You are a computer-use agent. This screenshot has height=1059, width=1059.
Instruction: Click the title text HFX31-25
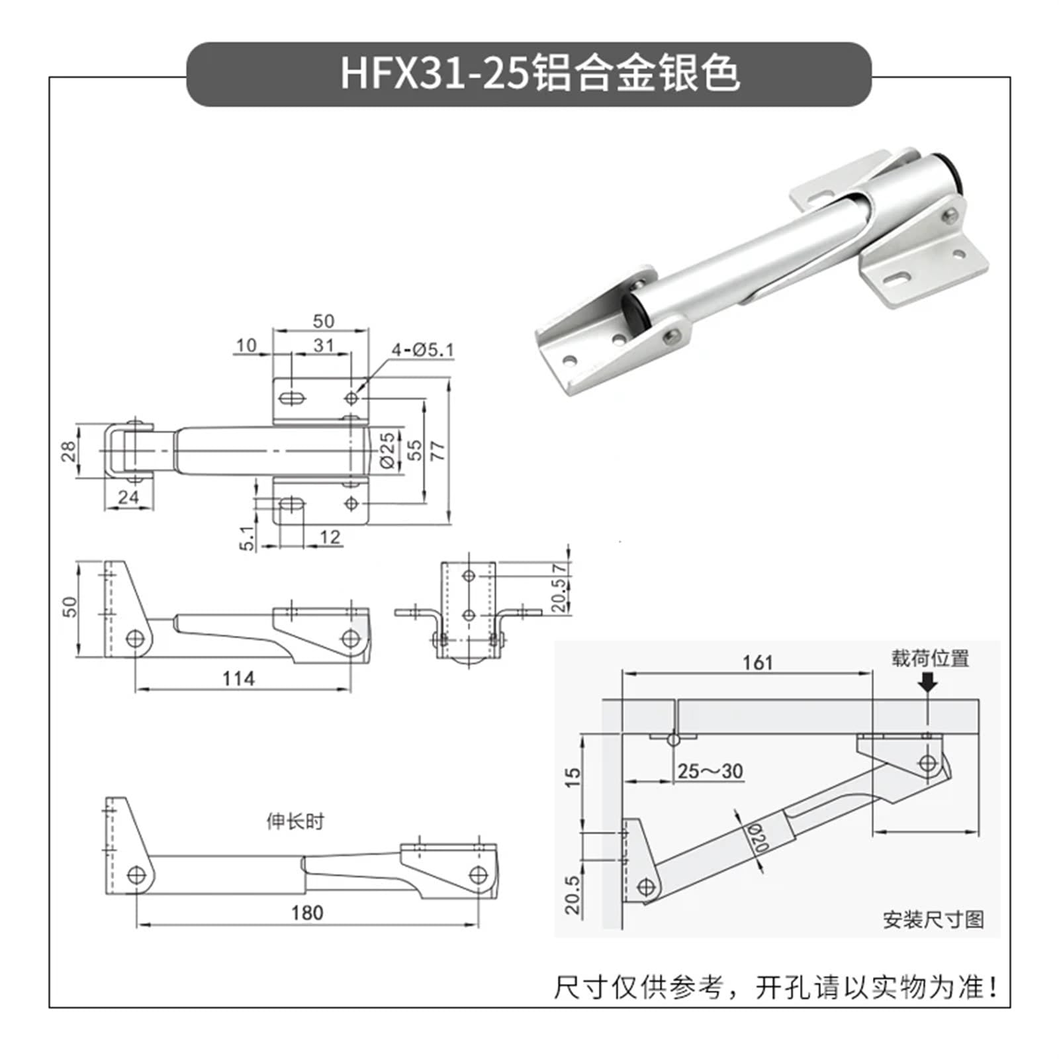pos(435,73)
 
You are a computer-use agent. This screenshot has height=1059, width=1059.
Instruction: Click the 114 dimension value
pos(238,678)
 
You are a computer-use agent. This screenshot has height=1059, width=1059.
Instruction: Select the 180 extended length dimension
pos(307,913)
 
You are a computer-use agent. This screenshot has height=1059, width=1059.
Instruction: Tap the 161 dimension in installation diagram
pos(757,663)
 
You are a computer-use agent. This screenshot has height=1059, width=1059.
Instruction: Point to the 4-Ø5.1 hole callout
pos(422,349)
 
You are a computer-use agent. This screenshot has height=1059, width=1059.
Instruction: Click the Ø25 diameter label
pos(389,450)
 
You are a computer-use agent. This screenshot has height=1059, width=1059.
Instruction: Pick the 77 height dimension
pos(438,450)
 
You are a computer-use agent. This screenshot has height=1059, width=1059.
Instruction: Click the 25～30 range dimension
pos(710,771)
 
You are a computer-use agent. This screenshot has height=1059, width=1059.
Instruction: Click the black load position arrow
pos(928,682)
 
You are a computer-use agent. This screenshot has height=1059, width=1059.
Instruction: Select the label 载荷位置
pos(929,659)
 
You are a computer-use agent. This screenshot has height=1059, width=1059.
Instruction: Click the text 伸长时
pos(295,822)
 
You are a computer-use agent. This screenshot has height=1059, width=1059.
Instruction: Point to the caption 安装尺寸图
pos(933,919)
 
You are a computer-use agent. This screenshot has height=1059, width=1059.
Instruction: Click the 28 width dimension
pos(68,451)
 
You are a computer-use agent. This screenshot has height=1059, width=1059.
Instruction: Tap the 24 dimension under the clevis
pos(128,498)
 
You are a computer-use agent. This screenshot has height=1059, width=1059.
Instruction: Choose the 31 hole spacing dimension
pos(323,345)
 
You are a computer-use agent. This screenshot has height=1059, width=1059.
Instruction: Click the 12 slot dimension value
pos(330,537)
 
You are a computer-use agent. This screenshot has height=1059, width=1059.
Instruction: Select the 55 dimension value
pos(414,450)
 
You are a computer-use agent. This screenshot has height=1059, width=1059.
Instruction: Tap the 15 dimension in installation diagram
pos(573,776)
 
